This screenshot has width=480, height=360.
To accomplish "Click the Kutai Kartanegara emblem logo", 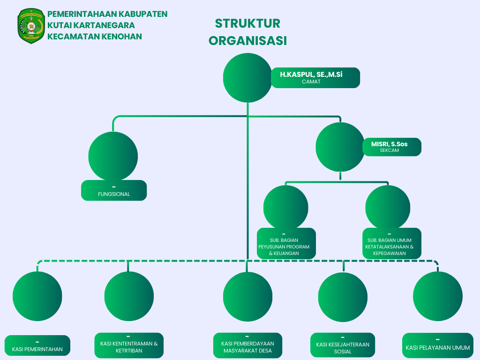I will [31, 26].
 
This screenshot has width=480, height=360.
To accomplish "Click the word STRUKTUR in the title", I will [247, 23].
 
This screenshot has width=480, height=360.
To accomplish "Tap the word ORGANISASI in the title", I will [247, 41].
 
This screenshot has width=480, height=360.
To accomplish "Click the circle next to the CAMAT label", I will [247, 78].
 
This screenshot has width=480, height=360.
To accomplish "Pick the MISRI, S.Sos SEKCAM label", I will [392, 147].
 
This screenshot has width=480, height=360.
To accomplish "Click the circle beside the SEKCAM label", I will [340, 147].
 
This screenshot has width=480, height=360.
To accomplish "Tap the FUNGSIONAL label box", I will [114, 190].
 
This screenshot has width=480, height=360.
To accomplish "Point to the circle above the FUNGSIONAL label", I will [113, 156].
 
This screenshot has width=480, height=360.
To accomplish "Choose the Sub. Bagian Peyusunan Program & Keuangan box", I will [286, 243].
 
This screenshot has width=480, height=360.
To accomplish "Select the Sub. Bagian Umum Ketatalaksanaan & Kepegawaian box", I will [391, 243].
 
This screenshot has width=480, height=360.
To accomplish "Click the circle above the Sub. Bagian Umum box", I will [388, 207].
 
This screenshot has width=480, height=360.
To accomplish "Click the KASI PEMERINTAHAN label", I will [37, 345].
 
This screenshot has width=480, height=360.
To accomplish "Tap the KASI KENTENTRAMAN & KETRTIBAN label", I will [129, 345].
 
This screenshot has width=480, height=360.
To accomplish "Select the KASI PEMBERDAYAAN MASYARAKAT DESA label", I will [247, 345].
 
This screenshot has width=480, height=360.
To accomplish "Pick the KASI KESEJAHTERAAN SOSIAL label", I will [343, 346].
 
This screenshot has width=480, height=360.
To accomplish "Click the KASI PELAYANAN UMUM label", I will [438, 345].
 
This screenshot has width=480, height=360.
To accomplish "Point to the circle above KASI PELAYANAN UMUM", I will [438, 296].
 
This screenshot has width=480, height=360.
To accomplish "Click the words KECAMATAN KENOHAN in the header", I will [95, 37].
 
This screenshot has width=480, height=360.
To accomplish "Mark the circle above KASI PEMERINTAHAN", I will [37, 296].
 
